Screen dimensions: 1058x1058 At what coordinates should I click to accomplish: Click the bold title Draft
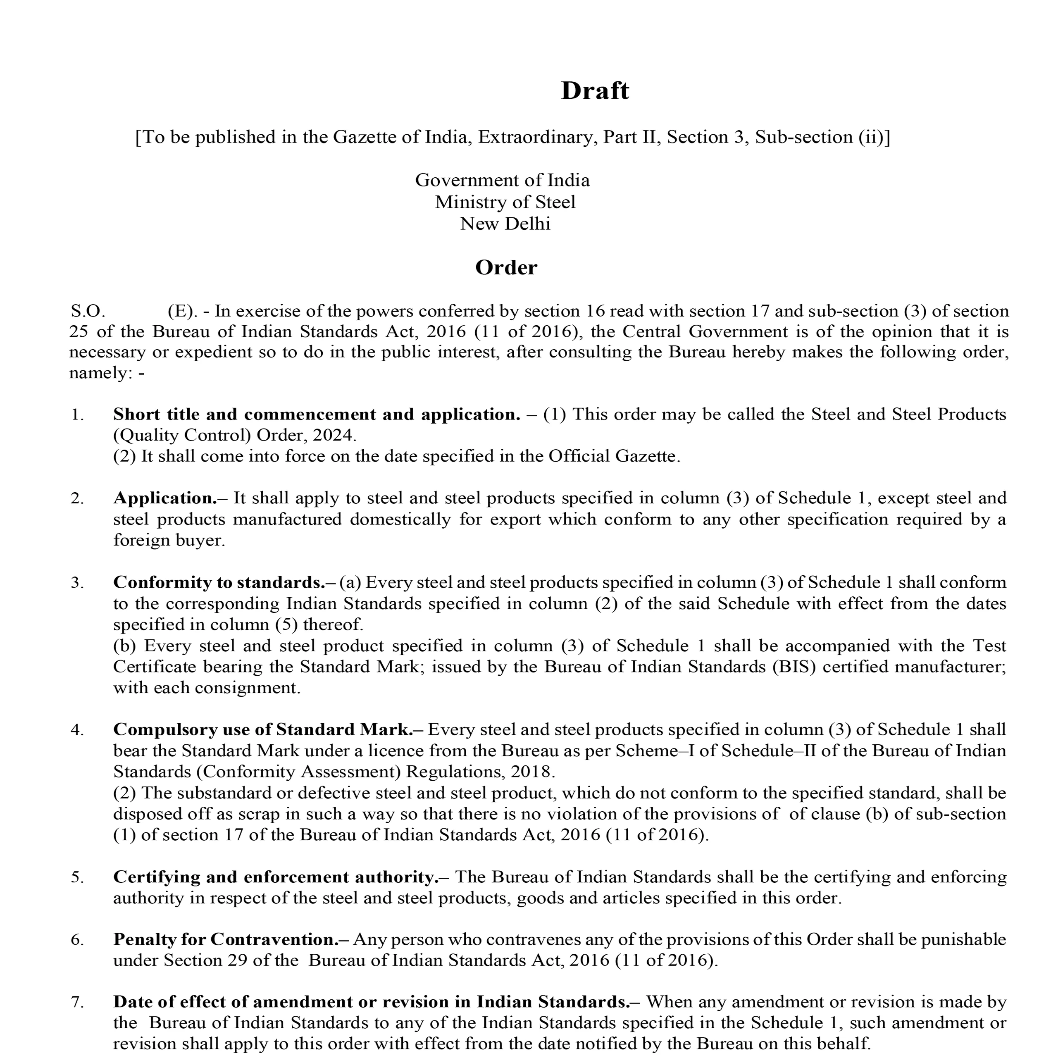[x=595, y=91]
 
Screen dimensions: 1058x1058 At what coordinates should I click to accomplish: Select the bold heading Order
[x=506, y=268]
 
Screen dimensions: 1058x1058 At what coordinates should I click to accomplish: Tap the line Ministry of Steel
[x=505, y=202]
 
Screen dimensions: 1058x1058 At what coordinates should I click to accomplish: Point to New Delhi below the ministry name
[x=505, y=224]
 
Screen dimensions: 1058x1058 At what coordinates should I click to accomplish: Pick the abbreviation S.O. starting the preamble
[x=88, y=311]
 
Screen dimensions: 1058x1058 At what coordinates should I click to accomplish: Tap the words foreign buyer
[x=169, y=541]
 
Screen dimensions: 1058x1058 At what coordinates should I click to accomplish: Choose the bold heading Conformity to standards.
[x=219, y=583]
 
